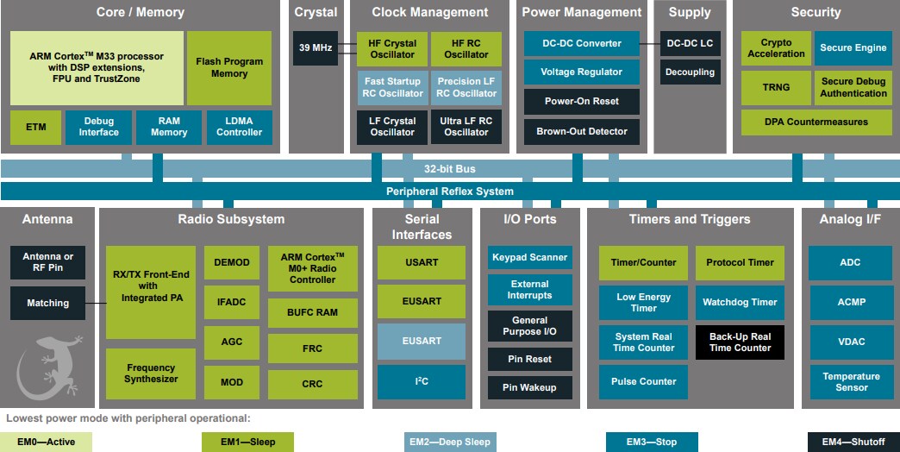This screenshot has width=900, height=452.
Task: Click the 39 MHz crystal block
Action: [316, 48]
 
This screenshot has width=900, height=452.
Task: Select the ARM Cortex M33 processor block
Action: [97, 67]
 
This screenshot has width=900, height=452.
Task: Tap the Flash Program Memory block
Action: [229, 67]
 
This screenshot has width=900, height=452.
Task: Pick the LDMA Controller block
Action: [239, 127]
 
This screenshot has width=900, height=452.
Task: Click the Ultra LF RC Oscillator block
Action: [466, 127]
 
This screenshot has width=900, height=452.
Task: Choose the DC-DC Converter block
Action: [582, 43]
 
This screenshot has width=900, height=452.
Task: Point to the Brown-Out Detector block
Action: [582, 131]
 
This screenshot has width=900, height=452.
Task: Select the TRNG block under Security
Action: [776, 88]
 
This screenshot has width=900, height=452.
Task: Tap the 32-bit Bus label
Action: [449, 168]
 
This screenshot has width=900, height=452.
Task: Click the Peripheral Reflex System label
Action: [449, 191]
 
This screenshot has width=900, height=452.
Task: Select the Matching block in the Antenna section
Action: [48, 303]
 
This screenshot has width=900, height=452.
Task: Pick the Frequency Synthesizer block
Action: [151, 373]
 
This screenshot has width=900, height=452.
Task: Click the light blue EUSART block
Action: [421, 341]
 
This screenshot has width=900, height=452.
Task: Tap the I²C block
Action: [421, 381]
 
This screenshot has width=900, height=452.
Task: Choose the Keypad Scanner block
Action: [529, 257]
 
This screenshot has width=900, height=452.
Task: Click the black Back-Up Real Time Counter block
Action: [740, 342]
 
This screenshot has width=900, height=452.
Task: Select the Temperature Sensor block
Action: [850, 381]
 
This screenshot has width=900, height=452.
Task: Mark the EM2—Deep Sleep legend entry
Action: [459, 442]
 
